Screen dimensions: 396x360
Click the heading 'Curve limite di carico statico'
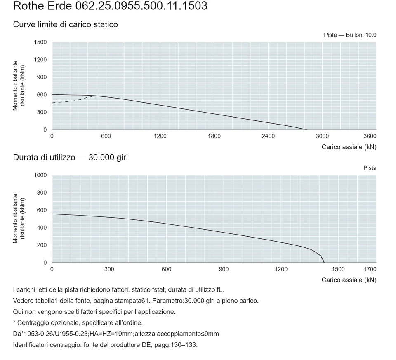pyautogui.click(x=66, y=24)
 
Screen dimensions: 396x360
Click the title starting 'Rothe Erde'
pyautogui.click(x=110, y=6)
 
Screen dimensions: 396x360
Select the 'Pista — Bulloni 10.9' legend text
pyautogui.click(x=350, y=35)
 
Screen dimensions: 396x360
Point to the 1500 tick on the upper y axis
pyautogui.click(x=40, y=42)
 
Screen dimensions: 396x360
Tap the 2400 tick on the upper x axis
pyautogui.click(x=268, y=136)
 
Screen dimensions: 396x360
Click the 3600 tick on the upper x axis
pyautogui.click(x=370, y=136)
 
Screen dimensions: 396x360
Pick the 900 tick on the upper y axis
pyautogui.click(x=42, y=77)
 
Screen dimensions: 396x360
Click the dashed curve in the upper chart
pyautogui.click(x=73, y=101)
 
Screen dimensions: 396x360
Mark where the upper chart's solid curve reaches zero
pyautogui.click(x=306, y=129)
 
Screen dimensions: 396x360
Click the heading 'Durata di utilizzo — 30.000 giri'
pyautogui.click(x=71, y=158)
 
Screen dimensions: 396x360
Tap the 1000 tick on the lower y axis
pyautogui.click(x=40, y=175)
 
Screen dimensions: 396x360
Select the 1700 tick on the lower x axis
pyautogui.click(x=370, y=269)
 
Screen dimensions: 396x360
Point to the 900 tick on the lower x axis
pyautogui.click(x=224, y=269)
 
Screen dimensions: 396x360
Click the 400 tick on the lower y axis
pyautogui.click(x=42, y=228)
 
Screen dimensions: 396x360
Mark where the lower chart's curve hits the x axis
pyautogui.click(x=324, y=263)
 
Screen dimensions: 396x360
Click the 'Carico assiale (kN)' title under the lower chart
pyautogui.click(x=349, y=280)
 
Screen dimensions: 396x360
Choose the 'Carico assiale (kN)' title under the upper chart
pyautogui.click(x=349, y=147)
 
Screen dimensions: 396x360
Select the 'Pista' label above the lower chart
pyautogui.click(x=370, y=168)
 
